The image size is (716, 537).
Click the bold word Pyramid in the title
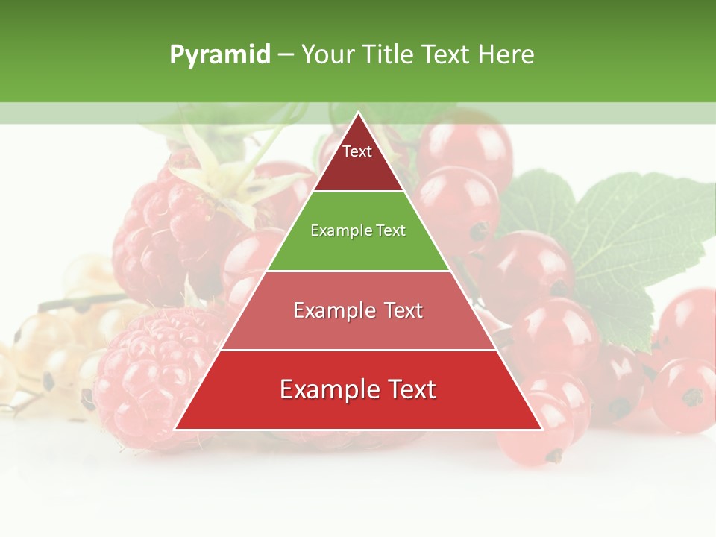point(220,55)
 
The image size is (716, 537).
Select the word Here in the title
point(506,55)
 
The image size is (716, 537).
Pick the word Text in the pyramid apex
point(357,151)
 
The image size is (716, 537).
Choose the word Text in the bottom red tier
point(409,389)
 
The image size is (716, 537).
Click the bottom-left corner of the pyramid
point(176,429)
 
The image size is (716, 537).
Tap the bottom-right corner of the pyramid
point(541,429)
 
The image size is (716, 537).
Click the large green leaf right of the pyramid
point(619,239)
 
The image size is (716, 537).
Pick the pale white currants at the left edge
point(37,351)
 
